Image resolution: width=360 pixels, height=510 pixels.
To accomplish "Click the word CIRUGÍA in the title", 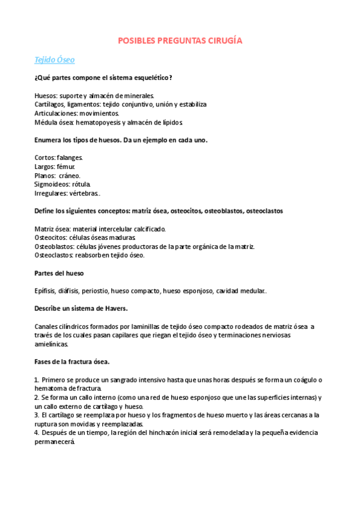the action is tap(224, 40).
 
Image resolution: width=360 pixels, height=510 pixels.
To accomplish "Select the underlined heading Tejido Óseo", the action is tap(55, 60).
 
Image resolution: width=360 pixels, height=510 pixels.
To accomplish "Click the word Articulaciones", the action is tap(59, 113).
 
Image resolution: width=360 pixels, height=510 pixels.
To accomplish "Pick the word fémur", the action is tap(66, 167).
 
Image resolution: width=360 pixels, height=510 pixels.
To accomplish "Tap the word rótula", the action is tap(81, 184).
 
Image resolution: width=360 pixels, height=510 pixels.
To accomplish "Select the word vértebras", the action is tap(85, 193).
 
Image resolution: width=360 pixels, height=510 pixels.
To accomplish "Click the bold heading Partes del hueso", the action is tap(59, 273).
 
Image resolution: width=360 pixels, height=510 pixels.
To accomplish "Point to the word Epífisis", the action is tap(47, 290).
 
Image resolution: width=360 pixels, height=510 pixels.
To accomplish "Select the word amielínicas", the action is tap(52, 345).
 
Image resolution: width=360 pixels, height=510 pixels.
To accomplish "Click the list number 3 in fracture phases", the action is tap(37, 415).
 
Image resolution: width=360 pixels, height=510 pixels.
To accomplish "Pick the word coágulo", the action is tap(305, 379).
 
